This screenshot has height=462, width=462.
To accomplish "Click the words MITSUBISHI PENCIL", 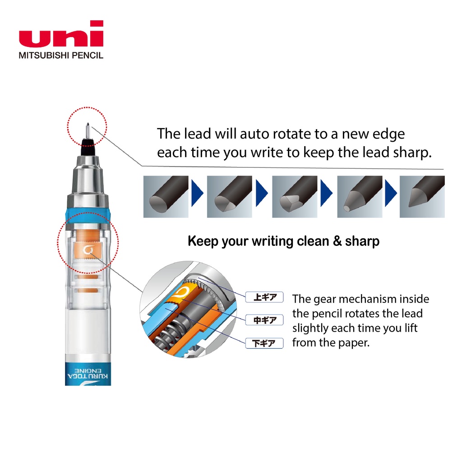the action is tap(61, 55).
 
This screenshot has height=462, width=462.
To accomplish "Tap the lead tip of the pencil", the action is tap(88, 125).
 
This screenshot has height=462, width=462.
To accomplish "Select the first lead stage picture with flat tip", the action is tap(166, 197).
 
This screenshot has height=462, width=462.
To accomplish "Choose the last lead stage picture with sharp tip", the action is tap(422, 197).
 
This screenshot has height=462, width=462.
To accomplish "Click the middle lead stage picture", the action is tap(295, 197).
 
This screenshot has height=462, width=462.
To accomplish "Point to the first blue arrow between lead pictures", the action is tap(198, 193).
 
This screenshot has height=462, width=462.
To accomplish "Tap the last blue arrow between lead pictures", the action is tap(391, 193).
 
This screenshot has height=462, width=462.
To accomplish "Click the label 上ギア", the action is tap(264, 297).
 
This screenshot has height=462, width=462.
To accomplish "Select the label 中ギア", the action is tap(264, 320).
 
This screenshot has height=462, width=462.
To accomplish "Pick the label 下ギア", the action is tap(264, 343).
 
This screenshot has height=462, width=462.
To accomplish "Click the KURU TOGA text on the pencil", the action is tap(88, 376).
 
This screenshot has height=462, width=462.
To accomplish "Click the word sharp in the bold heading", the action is tap(362, 241).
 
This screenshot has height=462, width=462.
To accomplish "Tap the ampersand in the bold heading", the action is tap(337, 241).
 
